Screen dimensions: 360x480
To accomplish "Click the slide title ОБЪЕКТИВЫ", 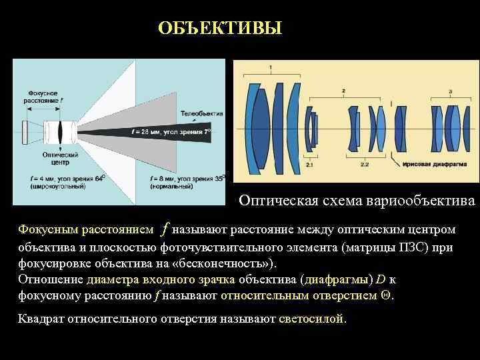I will click(x=220, y=29).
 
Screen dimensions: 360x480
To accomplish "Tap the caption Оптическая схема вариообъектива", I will click(x=357, y=201).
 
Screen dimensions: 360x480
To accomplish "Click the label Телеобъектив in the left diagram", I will click(x=201, y=113).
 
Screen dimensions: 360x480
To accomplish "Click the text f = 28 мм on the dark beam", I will click(x=144, y=132).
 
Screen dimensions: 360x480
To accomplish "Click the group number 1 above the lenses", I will click(x=270, y=67).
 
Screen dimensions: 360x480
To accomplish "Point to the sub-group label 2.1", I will click(x=309, y=163).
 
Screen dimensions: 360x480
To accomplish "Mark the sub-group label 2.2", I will click(x=365, y=163).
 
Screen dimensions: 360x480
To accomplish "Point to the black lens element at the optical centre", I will click(x=59, y=129).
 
